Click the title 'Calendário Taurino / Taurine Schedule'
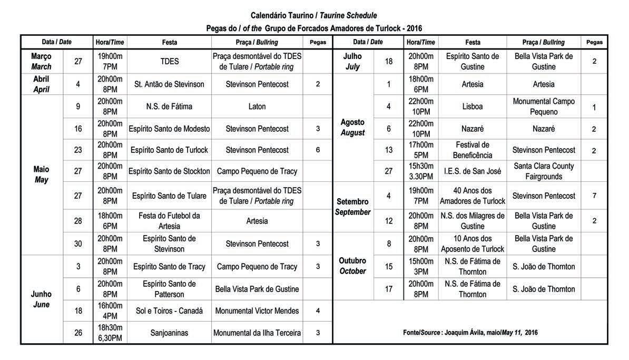tap(314, 16)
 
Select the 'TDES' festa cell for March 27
tap(169, 61)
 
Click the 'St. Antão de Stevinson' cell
tap(169, 84)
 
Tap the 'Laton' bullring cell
tap(257, 106)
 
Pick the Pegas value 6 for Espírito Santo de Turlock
tap(318, 150)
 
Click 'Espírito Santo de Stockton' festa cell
tap(169, 171)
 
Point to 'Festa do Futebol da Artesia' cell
tap(169, 221)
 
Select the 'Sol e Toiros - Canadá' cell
tap(169, 311)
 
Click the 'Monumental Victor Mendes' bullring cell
tap(257, 311)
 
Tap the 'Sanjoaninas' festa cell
tap(169, 333)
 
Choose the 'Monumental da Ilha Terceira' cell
tap(257, 333)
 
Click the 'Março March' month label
tap(42, 61)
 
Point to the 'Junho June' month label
tap(41, 299)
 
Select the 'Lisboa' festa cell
tap(473, 106)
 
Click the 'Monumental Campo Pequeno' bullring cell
tap(544, 106)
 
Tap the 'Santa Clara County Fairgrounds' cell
tap(544, 171)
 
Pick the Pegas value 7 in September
tap(594, 196)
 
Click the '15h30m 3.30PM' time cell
tap(421, 171)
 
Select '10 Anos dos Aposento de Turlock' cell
tap(473, 244)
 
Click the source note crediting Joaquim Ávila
tap(470, 333)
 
